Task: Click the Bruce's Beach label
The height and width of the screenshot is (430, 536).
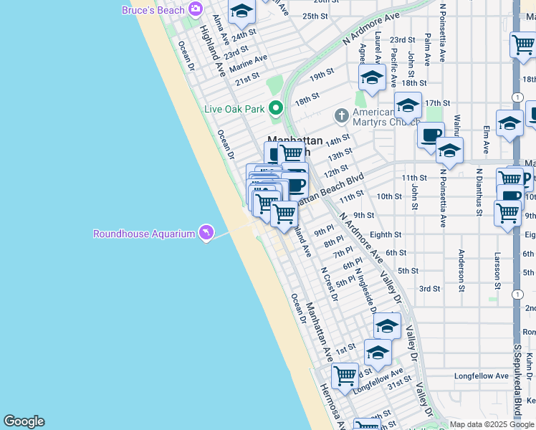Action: (x=153, y=9)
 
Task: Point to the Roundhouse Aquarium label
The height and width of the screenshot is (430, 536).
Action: (x=144, y=234)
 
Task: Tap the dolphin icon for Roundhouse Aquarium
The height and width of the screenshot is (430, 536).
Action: (x=206, y=233)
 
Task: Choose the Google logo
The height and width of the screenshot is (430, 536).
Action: (x=24, y=421)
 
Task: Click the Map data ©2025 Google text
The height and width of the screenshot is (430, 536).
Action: (x=492, y=424)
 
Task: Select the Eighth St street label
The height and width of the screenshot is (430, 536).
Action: (x=386, y=234)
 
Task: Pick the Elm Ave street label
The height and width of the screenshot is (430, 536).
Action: (x=486, y=140)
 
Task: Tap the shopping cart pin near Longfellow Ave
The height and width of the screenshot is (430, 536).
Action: (x=345, y=376)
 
